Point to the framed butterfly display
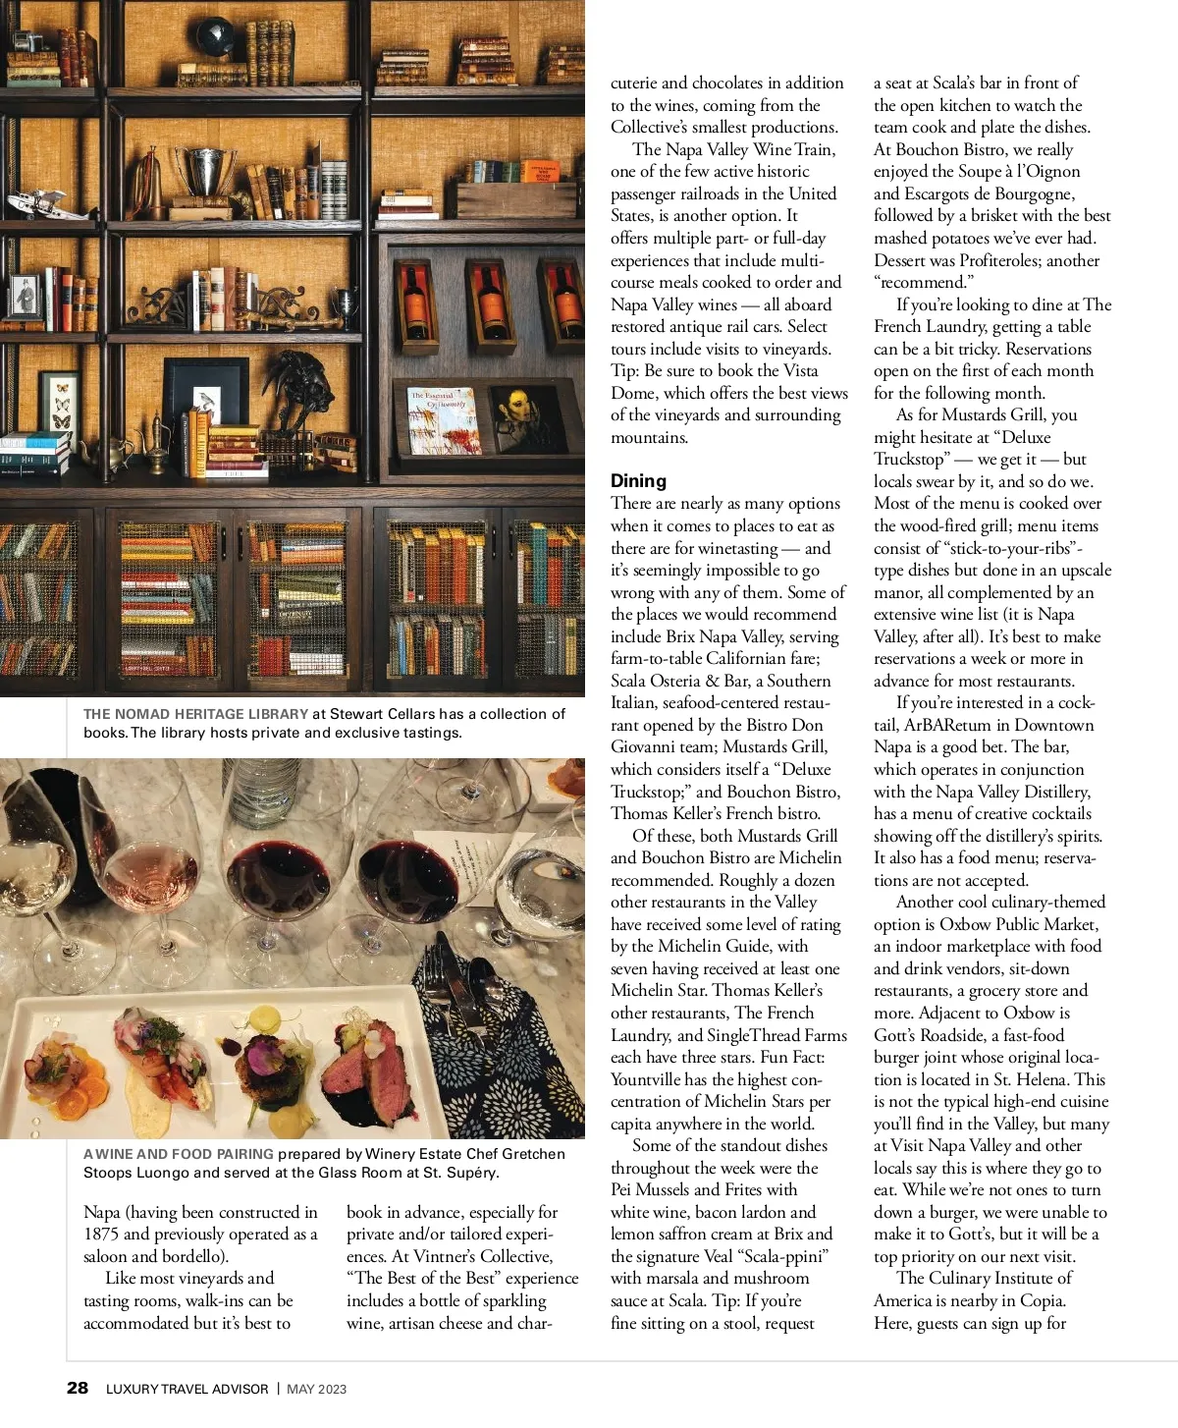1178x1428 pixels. click(x=60, y=403)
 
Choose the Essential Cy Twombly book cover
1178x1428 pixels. click(x=443, y=420)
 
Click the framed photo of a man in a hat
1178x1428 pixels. click(x=24, y=295)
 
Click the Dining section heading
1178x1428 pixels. click(x=638, y=480)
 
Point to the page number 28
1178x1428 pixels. click(x=77, y=1388)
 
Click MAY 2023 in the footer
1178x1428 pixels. click(x=316, y=1389)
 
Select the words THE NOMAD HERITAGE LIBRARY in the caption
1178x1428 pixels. click(x=195, y=714)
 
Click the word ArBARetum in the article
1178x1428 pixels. click(x=949, y=725)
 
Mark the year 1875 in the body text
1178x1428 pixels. click(x=101, y=1234)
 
